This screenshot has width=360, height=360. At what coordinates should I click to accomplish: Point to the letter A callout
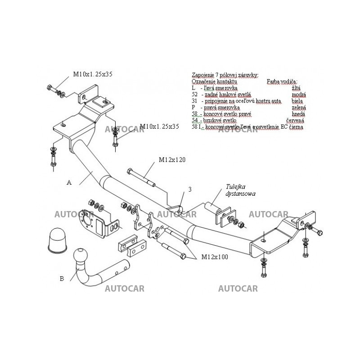(x=69, y=182)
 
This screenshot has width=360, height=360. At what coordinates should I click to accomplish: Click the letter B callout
(x=62, y=278)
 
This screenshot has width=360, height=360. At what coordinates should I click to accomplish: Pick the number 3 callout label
(x=190, y=190)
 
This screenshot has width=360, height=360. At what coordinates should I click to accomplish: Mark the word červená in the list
(x=295, y=121)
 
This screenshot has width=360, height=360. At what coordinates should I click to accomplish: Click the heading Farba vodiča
(x=282, y=81)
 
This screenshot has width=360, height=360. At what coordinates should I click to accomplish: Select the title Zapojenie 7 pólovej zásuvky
(x=225, y=75)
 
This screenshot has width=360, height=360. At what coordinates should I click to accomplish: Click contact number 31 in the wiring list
(x=194, y=101)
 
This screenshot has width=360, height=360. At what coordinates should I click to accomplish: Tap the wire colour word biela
(x=298, y=101)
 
